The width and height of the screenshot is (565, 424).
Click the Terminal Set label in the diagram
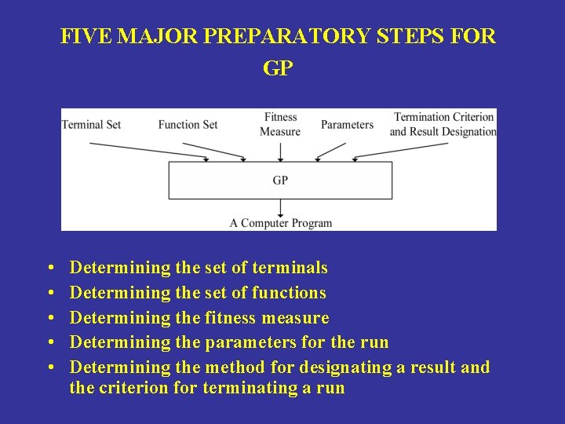tap(91, 124)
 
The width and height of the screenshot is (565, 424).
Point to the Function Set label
tap(188, 124)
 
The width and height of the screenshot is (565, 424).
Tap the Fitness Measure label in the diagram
tap(280, 124)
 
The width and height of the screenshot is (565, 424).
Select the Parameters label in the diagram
tap(347, 124)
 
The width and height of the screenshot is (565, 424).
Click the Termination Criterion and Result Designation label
tap(443, 124)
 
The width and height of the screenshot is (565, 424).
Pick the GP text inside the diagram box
tap(280, 180)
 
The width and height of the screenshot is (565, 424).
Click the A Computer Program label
tap(280, 223)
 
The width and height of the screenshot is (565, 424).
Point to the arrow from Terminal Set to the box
tap(149, 151)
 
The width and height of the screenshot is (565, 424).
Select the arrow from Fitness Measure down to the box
tap(280, 149)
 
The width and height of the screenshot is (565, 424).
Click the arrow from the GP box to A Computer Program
tap(280, 207)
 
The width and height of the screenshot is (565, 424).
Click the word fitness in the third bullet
tap(230, 318)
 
